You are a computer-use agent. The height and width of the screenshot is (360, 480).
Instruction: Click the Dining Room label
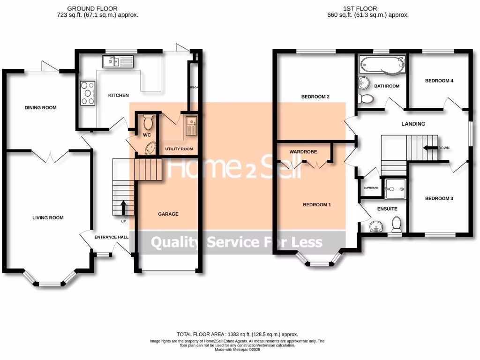40,108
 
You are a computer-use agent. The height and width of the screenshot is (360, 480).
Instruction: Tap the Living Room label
48,217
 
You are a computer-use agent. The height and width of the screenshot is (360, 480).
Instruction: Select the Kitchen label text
118,96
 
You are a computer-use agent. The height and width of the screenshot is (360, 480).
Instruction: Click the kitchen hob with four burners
88,93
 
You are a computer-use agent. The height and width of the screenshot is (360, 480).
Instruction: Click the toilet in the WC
149,122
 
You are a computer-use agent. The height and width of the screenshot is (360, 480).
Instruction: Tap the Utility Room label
179,149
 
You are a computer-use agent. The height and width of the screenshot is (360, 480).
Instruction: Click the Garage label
168,214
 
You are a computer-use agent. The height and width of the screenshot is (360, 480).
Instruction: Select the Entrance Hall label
112,237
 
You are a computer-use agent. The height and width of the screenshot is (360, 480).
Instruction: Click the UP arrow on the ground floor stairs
124,206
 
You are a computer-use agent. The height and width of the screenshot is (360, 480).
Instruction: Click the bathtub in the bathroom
381,66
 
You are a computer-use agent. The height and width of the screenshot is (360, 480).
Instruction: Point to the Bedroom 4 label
439,81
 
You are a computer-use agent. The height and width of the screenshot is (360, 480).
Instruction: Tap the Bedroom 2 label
315,97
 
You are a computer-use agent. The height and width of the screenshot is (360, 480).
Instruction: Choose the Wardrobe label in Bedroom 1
303,152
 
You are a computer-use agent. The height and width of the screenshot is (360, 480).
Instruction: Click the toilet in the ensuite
397,224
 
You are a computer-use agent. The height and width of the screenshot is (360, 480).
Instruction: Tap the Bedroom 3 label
439,198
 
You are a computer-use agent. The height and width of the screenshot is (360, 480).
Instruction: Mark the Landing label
413,124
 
